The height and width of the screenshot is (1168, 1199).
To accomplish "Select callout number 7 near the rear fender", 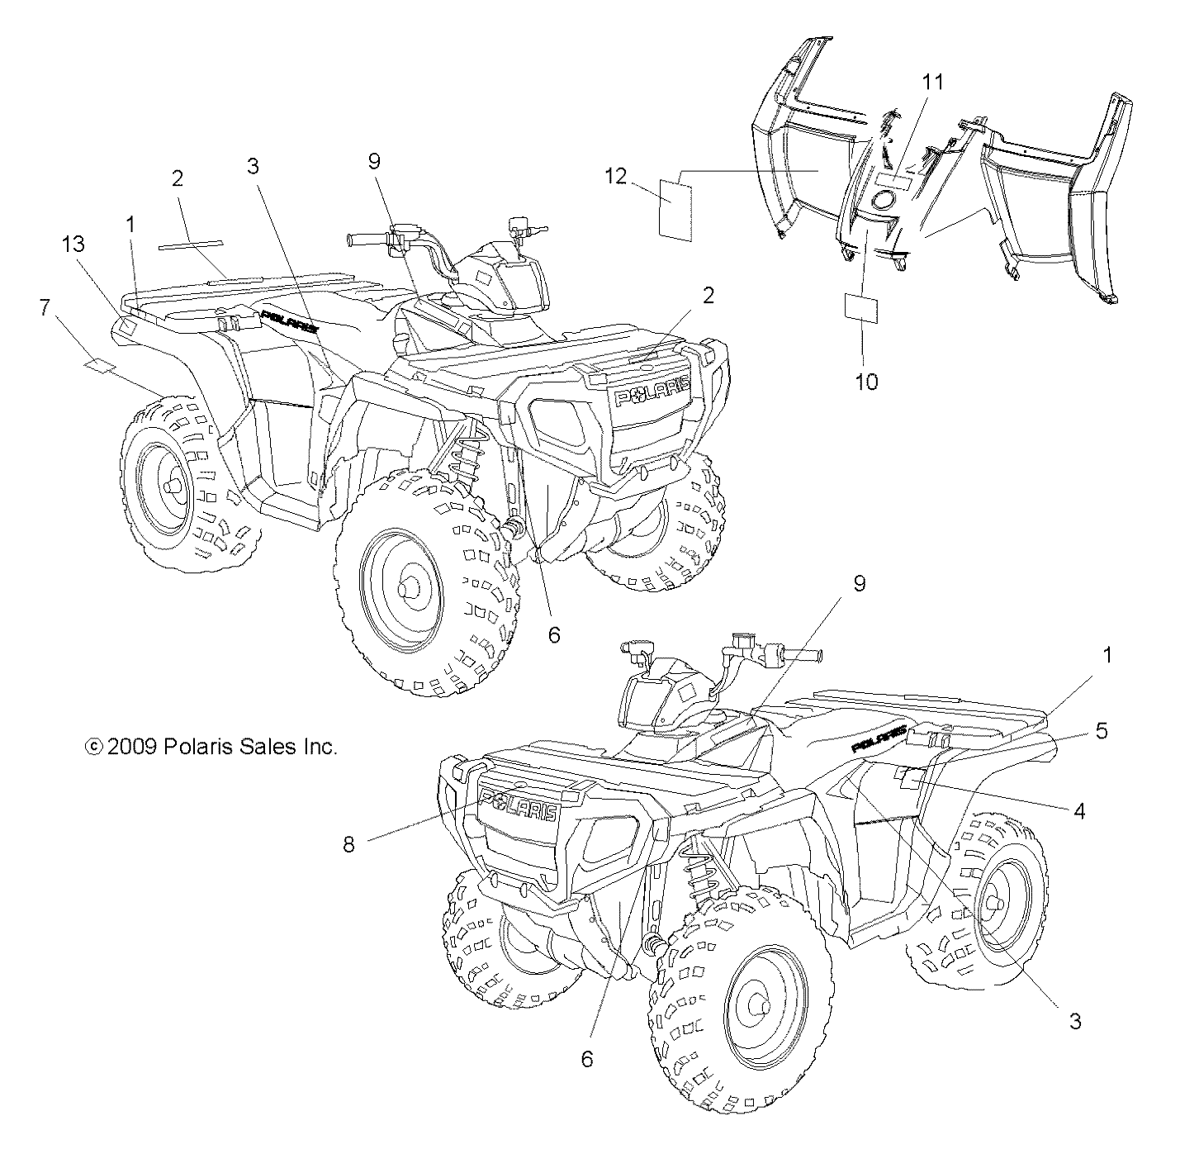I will (x=44, y=307).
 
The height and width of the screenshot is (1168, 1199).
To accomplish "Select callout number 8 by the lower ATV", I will (x=349, y=845).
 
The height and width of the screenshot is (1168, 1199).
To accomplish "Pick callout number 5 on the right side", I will (x=1102, y=731).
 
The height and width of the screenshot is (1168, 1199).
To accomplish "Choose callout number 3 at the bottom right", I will (x=1074, y=1021).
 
